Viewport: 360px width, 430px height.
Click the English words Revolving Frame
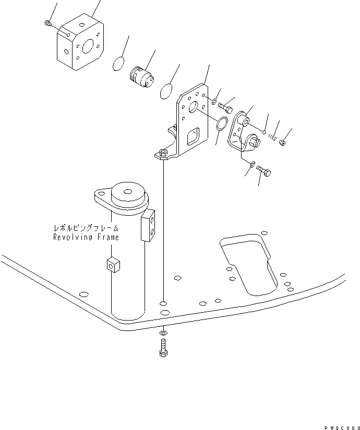(x=86, y=237)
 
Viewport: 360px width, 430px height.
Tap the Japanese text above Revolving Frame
(x=86, y=228)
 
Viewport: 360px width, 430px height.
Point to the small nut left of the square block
(x=47, y=22)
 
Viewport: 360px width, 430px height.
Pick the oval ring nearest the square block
(x=119, y=63)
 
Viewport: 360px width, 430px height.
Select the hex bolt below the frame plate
(x=163, y=347)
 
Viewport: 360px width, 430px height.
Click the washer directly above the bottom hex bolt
(x=163, y=332)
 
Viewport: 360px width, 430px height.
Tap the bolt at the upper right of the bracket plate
(x=227, y=108)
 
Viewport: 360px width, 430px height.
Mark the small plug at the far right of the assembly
(x=283, y=141)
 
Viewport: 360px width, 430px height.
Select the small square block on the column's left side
(x=111, y=264)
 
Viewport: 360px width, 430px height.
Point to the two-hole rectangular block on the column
(x=149, y=225)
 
